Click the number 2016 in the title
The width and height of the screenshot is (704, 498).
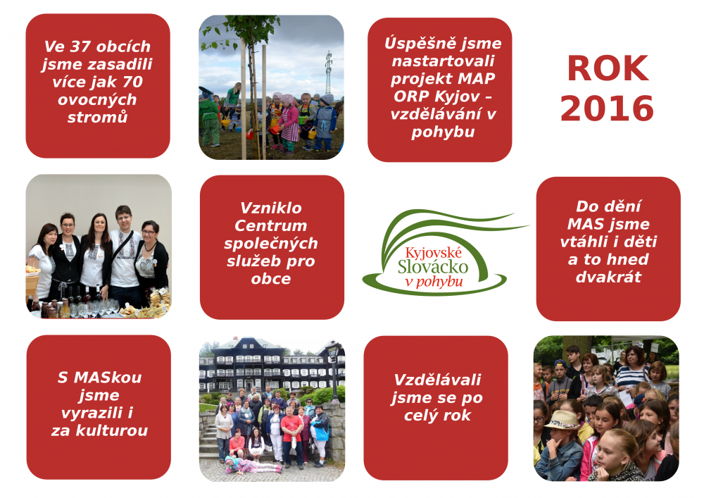pyautogui.click(x=607, y=108)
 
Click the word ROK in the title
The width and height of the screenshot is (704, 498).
pyautogui.click(x=608, y=69)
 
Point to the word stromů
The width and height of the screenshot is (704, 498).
pyautogui.click(x=97, y=117)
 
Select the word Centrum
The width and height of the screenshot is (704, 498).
pyautogui.click(x=271, y=225)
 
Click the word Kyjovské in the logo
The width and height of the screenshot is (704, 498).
pyautogui.click(x=433, y=253)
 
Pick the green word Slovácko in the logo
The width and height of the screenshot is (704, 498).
pyautogui.click(x=433, y=267)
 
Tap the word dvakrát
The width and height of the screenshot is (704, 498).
pyautogui.click(x=608, y=277)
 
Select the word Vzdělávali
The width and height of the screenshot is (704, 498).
pyautogui.click(x=437, y=380)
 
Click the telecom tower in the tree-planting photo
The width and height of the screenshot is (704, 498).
pyautogui.click(x=328, y=72)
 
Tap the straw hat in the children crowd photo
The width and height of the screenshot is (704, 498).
pyautogui.click(x=562, y=420)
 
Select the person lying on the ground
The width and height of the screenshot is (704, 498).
pyautogui.click(x=253, y=466)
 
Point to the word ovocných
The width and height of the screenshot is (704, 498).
pyautogui.click(x=97, y=100)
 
